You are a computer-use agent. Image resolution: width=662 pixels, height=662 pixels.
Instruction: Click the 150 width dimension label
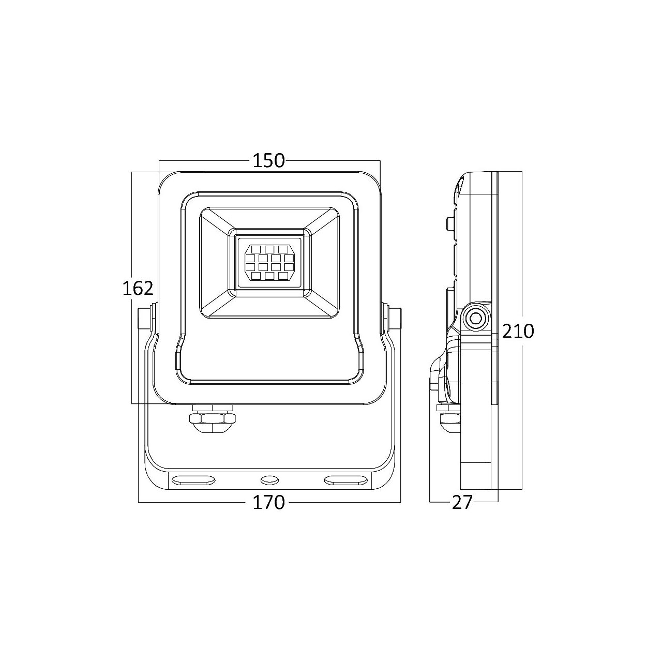269,160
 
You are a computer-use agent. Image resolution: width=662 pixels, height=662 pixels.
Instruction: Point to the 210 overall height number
518,331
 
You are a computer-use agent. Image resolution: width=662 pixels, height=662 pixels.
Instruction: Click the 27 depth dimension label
462,503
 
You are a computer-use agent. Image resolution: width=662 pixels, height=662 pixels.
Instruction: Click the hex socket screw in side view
476,319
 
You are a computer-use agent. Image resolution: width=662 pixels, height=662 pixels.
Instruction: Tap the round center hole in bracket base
269,480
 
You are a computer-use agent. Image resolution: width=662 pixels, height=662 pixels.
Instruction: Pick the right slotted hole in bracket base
346,480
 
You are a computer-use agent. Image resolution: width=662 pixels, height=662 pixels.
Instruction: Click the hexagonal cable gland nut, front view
213,418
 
